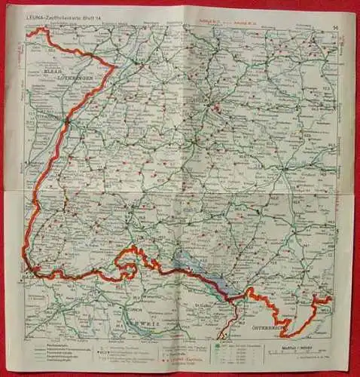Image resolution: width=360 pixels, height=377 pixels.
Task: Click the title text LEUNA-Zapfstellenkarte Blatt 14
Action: pyautogui.click(x=64, y=20)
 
